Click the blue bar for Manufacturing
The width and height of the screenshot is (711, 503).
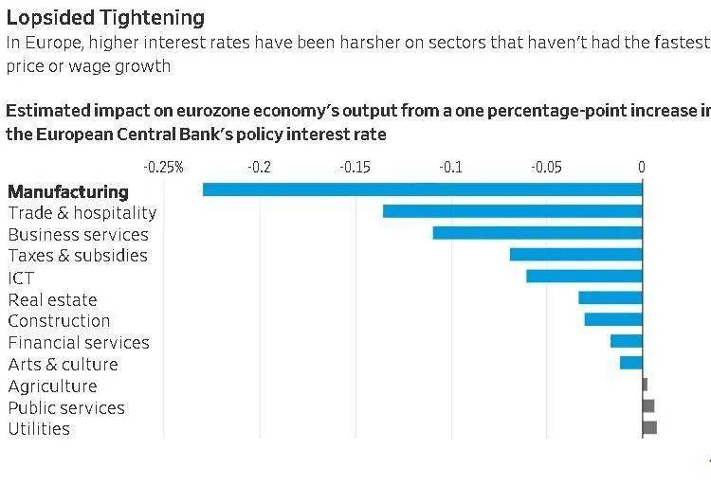tap(422, 189)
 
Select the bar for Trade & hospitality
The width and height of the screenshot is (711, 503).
tap(512, 211)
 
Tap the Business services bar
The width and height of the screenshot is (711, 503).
tap(538, 233)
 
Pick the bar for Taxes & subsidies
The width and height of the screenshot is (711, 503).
tap(575, 255)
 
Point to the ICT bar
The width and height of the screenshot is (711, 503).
tap(584, 276)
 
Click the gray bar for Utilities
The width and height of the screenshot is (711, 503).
tap(649, 428)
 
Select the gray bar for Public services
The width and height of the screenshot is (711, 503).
tap(648, 406)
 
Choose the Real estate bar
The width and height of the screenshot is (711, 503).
tap(611, 298)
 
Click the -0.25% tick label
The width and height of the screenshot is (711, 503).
tap(163, 168)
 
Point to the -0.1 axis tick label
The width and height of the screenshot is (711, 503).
tap(450, 168)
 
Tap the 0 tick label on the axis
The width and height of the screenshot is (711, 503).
tap(642, 168)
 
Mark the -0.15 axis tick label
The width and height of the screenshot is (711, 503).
tap(355, 168)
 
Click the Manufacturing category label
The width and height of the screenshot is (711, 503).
tap(67, 191)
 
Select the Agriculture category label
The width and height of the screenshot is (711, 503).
tap(52, 386)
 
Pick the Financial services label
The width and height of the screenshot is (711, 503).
tap(79, 343)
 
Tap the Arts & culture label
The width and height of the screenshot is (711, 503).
tap(63, 365)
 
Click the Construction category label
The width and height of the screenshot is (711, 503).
tap(59, 321)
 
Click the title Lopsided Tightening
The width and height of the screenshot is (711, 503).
tap(104, 18)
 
